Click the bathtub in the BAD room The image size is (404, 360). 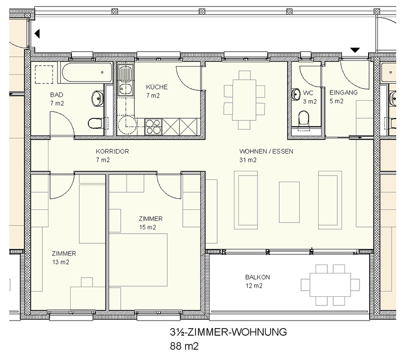coord(87,72)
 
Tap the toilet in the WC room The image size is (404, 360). coord(304,119)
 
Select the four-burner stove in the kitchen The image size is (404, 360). coord(154,126)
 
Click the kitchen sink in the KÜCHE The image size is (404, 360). coord(125,80)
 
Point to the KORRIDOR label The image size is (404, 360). coord(112,151)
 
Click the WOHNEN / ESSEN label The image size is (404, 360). coord(266,151)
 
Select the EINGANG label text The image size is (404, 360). coord(343,93)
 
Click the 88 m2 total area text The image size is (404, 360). coord(184,346)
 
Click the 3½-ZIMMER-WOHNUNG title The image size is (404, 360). coord(228,332)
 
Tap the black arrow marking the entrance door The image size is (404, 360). coord(355,50)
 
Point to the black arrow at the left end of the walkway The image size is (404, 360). coord(37,33)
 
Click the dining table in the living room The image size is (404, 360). coord(244,100)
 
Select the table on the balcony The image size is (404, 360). coord(330,285)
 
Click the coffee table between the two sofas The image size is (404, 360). coord(289,202)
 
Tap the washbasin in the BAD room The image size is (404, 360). coord(97,98)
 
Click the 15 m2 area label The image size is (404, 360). coord(147,227)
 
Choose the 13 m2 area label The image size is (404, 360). coord(61,262)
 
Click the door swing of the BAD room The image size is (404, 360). coord(62,123)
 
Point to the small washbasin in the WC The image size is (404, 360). coord(296,95)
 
